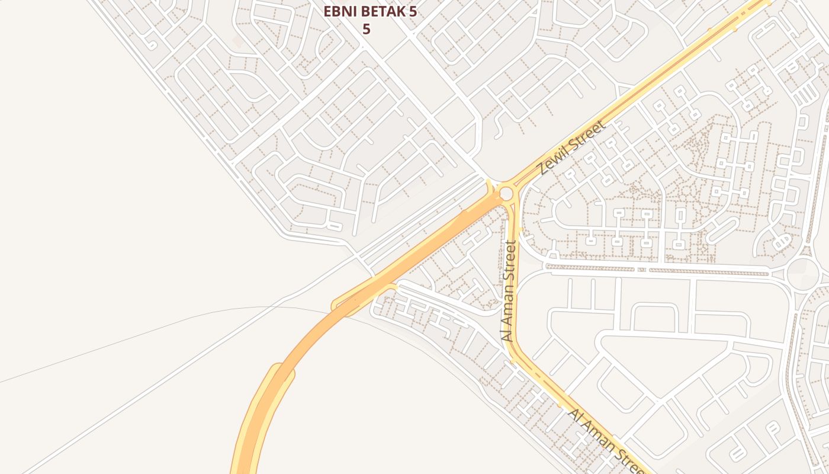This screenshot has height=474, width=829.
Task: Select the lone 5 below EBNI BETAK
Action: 366,29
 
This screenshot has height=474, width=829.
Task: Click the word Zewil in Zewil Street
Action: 553,159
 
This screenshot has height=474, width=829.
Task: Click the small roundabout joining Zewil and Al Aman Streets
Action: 506,193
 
